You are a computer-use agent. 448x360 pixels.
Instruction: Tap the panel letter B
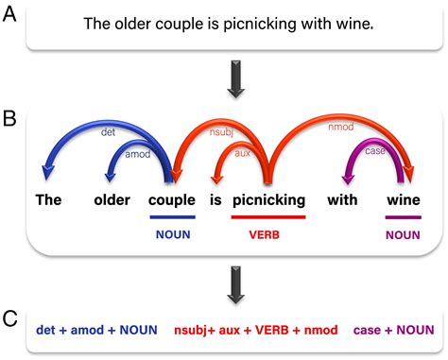click(9, 120)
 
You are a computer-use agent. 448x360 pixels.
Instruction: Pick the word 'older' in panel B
click(112, 199)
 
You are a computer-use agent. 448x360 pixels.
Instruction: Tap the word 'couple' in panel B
click(171, 200)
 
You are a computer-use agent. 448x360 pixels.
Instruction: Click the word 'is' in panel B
click(215, 199)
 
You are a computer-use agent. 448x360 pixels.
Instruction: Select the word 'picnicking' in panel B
click(268, 200)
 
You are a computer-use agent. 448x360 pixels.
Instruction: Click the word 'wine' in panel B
click(404, 199)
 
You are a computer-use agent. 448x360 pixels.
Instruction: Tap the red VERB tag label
click(267, 230)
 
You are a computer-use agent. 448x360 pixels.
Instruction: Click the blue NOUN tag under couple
click(171, 230)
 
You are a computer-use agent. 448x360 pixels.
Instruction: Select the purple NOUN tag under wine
click(404, 230)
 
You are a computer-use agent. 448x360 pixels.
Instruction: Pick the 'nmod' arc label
click(341, 127)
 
